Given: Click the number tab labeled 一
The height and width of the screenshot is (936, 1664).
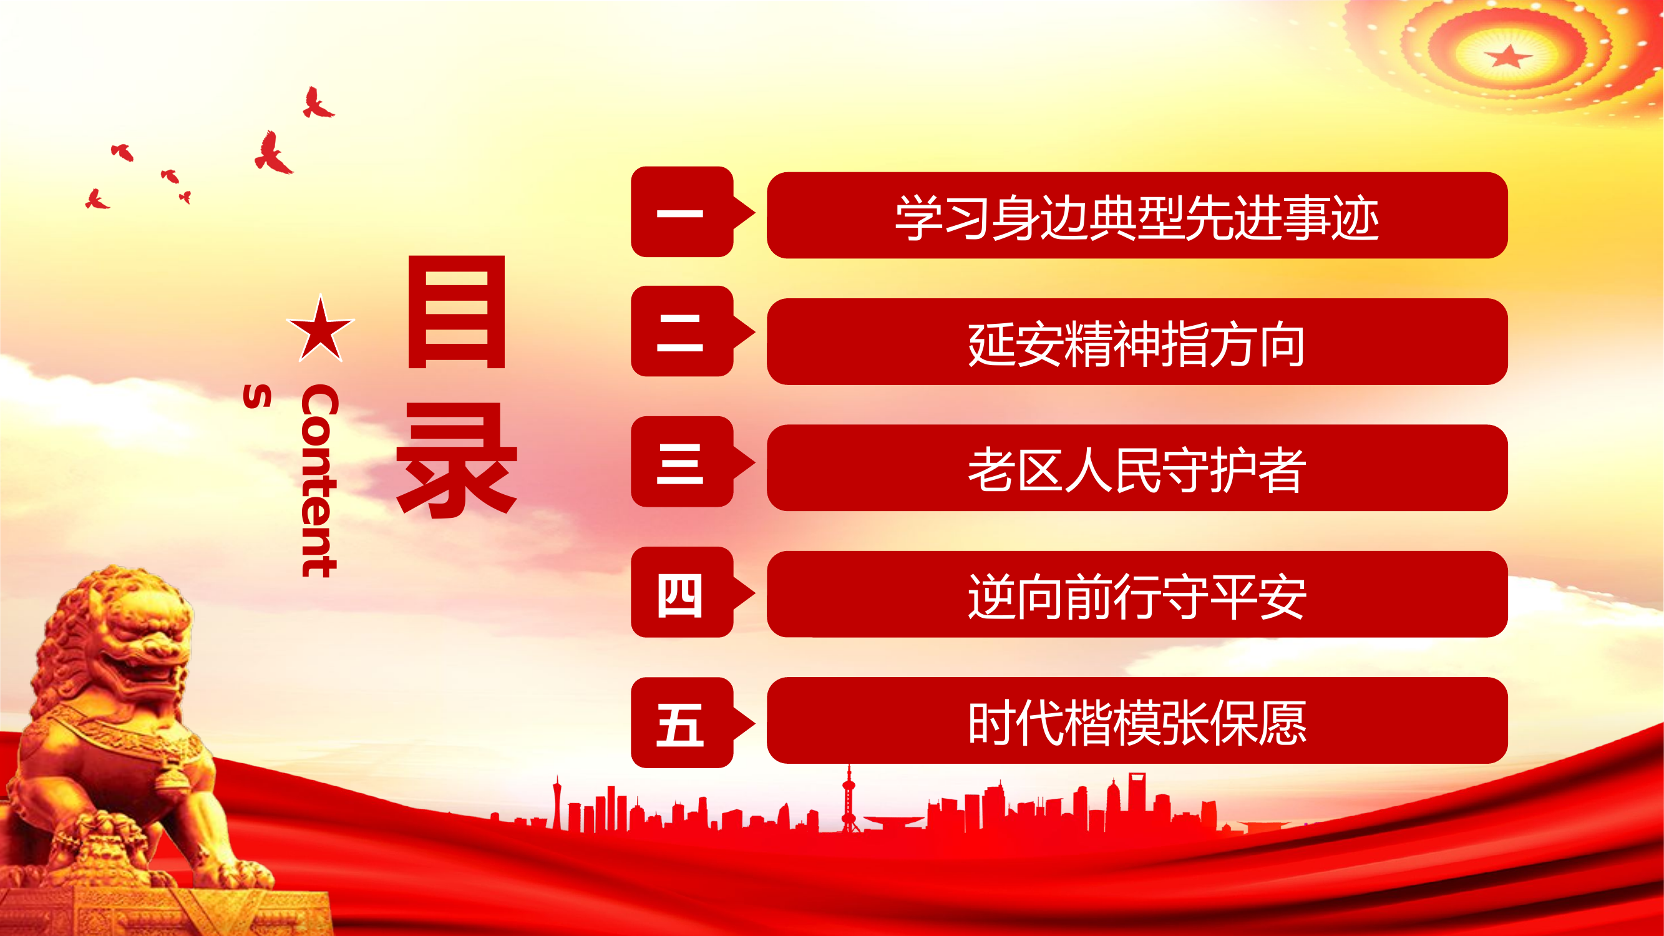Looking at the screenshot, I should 681,212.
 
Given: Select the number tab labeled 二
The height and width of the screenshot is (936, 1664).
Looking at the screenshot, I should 681,331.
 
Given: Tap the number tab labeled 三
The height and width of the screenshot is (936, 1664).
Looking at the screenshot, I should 681,462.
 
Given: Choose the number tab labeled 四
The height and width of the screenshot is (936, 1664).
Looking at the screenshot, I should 681,592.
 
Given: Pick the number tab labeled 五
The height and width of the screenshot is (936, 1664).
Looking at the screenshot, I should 681,723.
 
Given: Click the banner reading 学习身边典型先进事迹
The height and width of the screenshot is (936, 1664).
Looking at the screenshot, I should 1137,216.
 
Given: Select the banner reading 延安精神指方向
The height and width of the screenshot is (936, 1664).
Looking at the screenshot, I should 1137,342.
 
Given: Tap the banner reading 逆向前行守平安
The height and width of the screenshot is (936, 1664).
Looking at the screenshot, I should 1137,594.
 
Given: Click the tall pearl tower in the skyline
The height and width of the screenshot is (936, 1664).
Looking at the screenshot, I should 849,797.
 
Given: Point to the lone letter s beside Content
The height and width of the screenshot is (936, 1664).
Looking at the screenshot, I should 257,397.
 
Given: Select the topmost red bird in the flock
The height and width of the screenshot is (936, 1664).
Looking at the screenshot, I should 317,104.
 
